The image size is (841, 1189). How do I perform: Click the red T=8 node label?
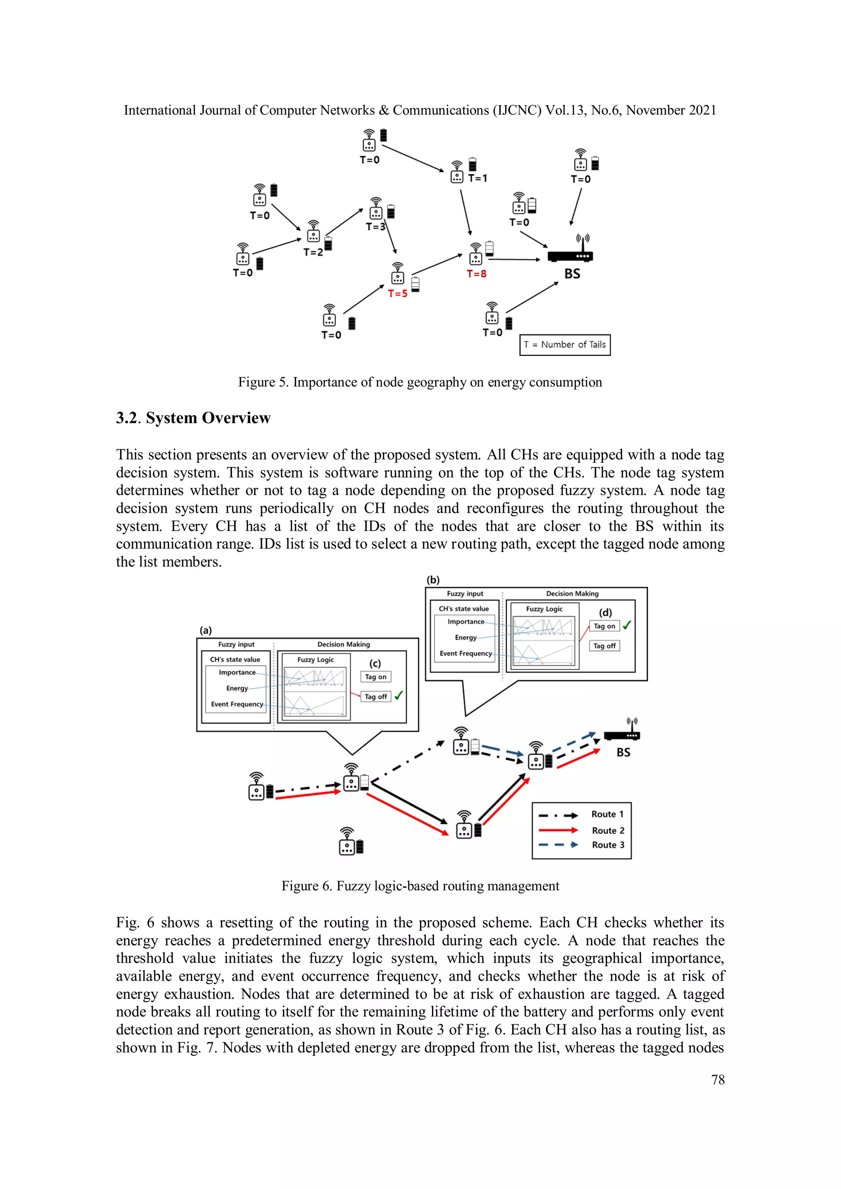476,274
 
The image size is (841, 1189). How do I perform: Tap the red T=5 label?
398,293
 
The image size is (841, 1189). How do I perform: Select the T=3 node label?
375,227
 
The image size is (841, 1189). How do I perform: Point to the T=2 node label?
313,252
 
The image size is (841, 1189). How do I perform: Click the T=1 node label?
477,178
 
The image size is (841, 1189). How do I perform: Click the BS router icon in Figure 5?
570,252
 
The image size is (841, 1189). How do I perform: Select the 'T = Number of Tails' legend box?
564,345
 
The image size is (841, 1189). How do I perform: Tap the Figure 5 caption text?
420,382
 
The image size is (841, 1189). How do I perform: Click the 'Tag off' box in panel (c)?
376,696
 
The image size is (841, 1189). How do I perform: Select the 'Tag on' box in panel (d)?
604,626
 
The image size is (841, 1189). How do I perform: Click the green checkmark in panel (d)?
627,625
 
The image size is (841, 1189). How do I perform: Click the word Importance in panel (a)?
237,672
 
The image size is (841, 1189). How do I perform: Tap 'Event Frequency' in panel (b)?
465,653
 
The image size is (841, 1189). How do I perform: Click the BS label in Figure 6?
623,752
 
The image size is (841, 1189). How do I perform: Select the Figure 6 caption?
420,886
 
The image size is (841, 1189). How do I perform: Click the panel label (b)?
433,580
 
